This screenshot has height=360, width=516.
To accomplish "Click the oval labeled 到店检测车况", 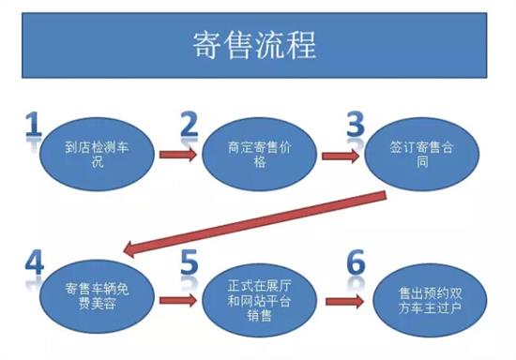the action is (x=94, y=155).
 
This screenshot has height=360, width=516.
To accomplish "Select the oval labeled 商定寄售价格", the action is (x=254, y=155).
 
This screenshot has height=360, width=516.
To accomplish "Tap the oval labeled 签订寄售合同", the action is (x=417, y=155).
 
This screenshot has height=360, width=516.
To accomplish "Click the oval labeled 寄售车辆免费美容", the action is (x=94, y=293).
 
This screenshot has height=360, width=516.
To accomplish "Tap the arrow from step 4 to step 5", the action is (x=176, y=301).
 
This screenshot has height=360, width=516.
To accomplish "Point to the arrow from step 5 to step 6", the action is (x=341, y=302).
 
